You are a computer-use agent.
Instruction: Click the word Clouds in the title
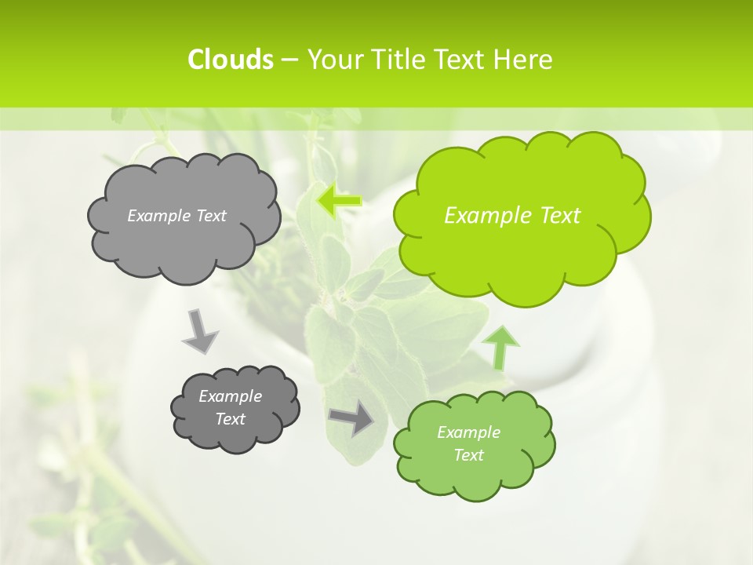(x=230, y=60)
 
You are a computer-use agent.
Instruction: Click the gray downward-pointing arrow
(x=199, y=333)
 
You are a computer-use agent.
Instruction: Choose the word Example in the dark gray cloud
(x=230, y=396)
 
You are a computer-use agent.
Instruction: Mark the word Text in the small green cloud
(x=468, y=455)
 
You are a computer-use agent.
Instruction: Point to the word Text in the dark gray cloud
(x=230, y=419)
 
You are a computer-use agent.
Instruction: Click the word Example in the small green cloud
(x=468, y=432)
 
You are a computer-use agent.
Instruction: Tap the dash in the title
(x=289, y=60)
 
